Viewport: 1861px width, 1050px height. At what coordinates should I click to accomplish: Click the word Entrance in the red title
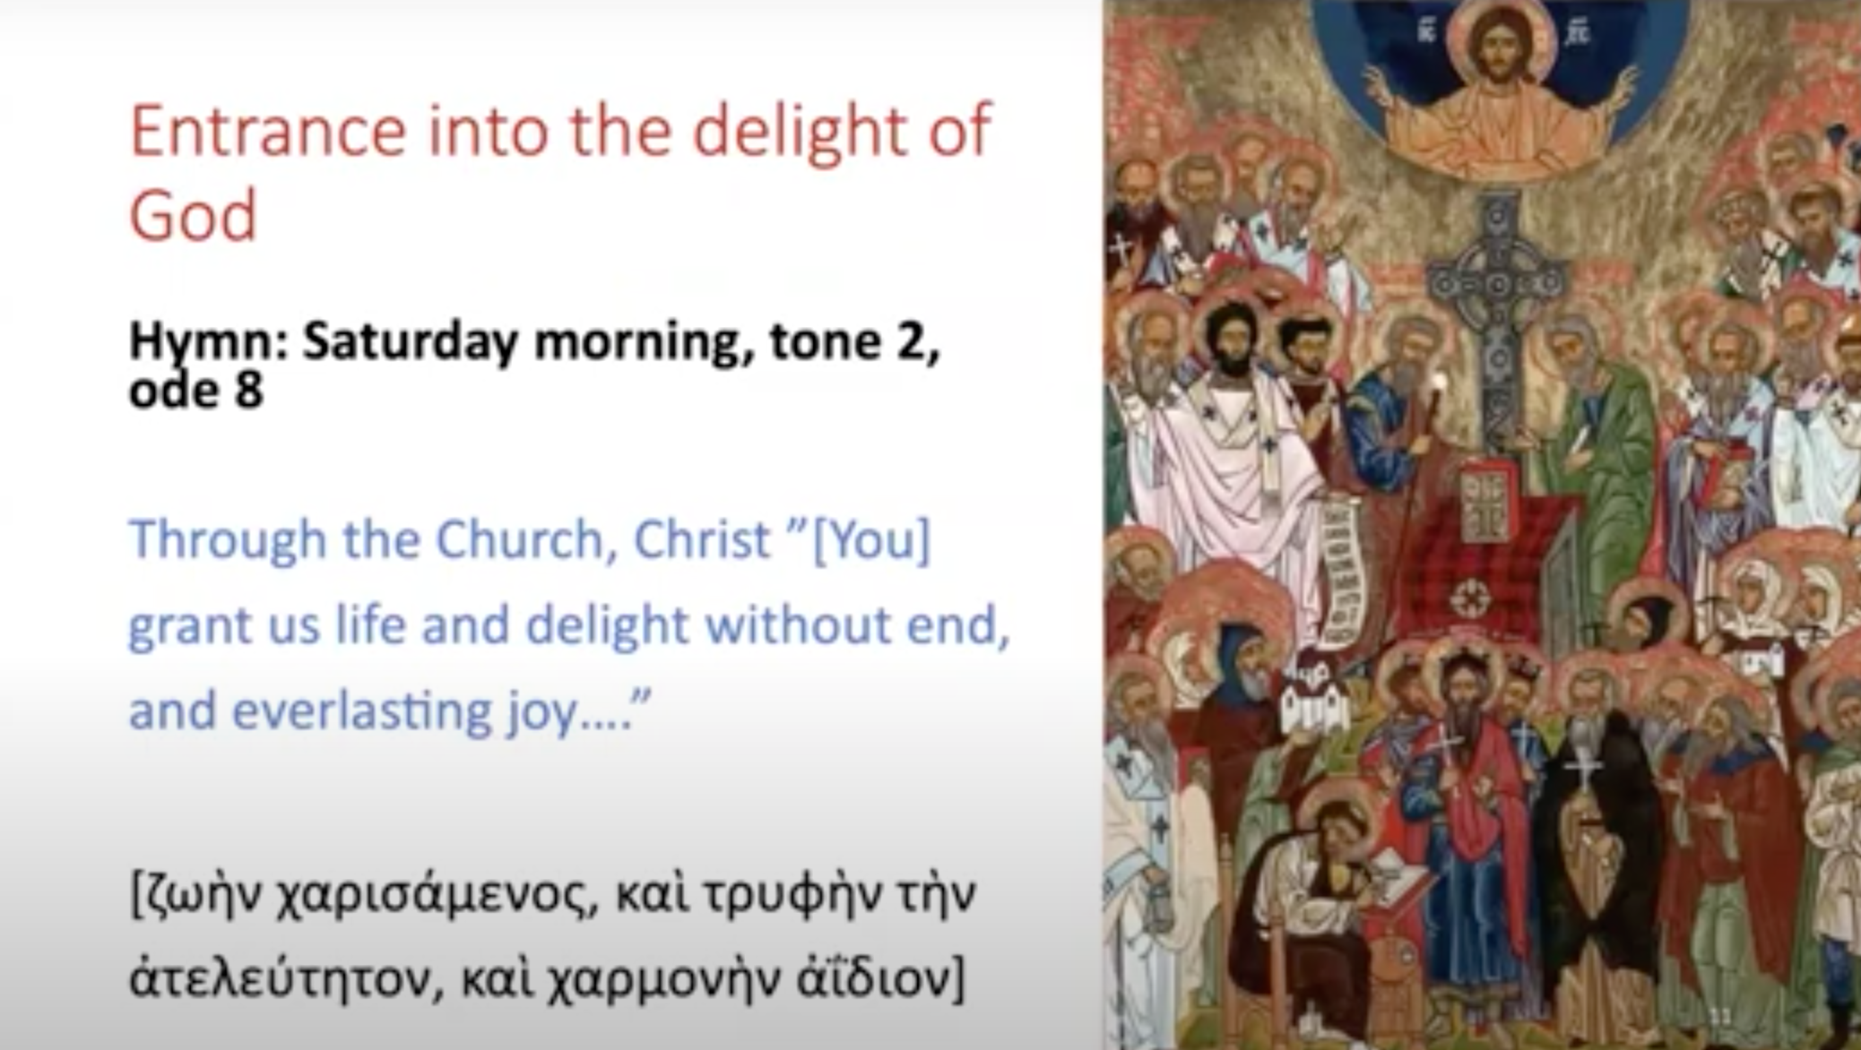click(268, 132)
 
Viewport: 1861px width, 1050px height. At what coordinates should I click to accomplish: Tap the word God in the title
click(194, 216)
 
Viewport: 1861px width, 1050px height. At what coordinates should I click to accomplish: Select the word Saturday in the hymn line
click(411, 342)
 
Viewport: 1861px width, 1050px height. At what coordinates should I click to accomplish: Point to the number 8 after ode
click(248, 391)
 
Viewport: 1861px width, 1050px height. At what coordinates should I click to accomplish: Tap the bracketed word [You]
click(870, 540)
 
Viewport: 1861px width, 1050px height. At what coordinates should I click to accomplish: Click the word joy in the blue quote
click(541, 714)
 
